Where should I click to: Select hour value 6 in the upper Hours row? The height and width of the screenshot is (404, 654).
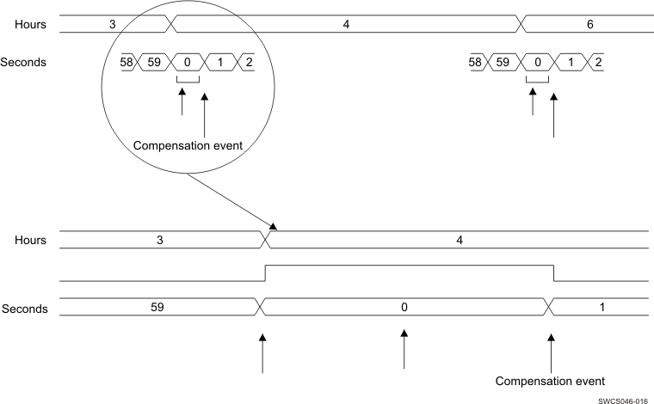(x=589, y=24)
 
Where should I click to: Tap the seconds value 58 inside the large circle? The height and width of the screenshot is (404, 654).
(x=127, y=62)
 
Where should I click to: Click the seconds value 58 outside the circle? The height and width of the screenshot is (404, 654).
(x=474, y=62)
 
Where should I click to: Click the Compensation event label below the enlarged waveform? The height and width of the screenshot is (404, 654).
(x=551, y=380)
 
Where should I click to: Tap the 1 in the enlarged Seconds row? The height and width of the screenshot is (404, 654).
(x=602, y=306)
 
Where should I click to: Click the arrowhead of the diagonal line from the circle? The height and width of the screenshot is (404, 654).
(x=273, y=228)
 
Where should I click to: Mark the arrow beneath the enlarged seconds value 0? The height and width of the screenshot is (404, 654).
(x=404, y=347)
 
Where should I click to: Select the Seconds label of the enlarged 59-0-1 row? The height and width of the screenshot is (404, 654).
(x=25, y=308)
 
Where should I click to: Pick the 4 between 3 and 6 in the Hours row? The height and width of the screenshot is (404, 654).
(x=346, y=24)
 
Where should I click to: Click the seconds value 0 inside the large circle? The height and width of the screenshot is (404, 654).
(x=188, y=62)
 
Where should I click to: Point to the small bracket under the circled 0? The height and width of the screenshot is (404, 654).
(x=188, y=82)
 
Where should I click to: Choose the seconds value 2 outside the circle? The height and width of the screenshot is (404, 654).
(x=597, y=62)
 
